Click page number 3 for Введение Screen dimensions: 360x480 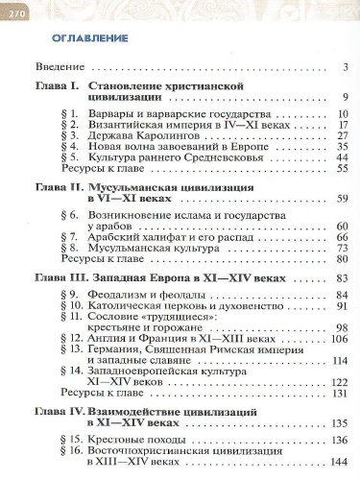pyautogui.click(x=343, y=67)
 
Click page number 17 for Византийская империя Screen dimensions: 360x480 pyautogui.click(x=340, y=124)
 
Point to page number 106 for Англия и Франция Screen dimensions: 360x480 pyautogui.click(x=337, y=339)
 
